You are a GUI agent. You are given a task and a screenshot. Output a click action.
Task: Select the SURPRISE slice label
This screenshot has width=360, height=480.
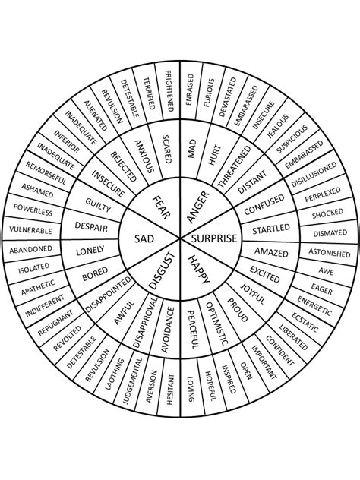pos(214,238)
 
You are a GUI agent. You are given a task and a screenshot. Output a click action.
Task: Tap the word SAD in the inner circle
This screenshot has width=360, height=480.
pos(144,238)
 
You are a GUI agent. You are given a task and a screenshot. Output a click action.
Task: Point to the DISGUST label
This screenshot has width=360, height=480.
pos(162,270)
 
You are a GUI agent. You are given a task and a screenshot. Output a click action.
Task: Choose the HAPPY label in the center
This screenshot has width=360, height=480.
pos(199,270)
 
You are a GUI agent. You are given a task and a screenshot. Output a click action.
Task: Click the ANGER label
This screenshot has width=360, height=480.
pos(198,207)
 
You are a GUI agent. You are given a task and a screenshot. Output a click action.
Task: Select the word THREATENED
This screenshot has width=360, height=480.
pos(234,166)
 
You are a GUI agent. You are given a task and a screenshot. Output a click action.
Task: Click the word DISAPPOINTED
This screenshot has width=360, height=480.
pos(108,295)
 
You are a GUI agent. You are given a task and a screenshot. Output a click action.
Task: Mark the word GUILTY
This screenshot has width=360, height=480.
pos(98,205)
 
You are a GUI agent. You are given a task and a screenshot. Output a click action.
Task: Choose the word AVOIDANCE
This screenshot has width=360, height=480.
pos(167,330)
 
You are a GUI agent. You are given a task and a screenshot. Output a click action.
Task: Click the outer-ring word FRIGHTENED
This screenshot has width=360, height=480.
pos(169,91)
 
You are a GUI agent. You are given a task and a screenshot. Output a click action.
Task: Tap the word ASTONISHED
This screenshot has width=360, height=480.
pos(330,253)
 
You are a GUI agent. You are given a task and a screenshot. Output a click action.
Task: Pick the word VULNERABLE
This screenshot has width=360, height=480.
pos(30,230)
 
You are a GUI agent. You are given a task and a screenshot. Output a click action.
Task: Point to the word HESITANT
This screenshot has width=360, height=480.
pos(170,390)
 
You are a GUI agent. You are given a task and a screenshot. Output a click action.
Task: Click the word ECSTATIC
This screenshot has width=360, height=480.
pos(305,322)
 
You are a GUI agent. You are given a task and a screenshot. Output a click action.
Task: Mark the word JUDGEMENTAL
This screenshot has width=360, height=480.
pos(133,381)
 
